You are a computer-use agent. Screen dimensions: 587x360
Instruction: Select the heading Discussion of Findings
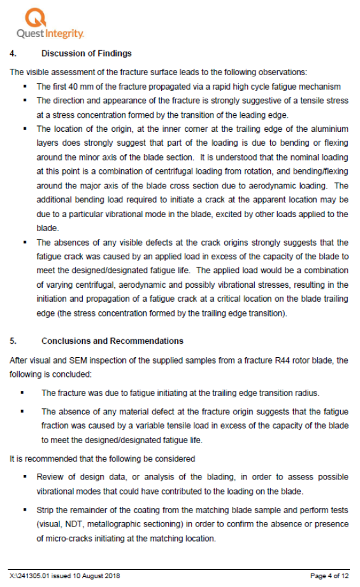(x=87, y=53)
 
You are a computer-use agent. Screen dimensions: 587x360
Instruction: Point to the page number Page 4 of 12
(x=329, y=576)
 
